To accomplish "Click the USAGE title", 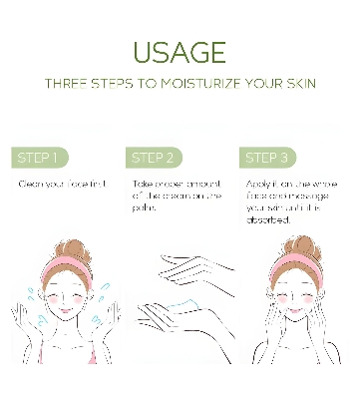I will [180, 52].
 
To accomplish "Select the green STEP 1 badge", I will [40, 158].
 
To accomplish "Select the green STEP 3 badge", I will [268, 158].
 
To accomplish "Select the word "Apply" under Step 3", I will [254, 185].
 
